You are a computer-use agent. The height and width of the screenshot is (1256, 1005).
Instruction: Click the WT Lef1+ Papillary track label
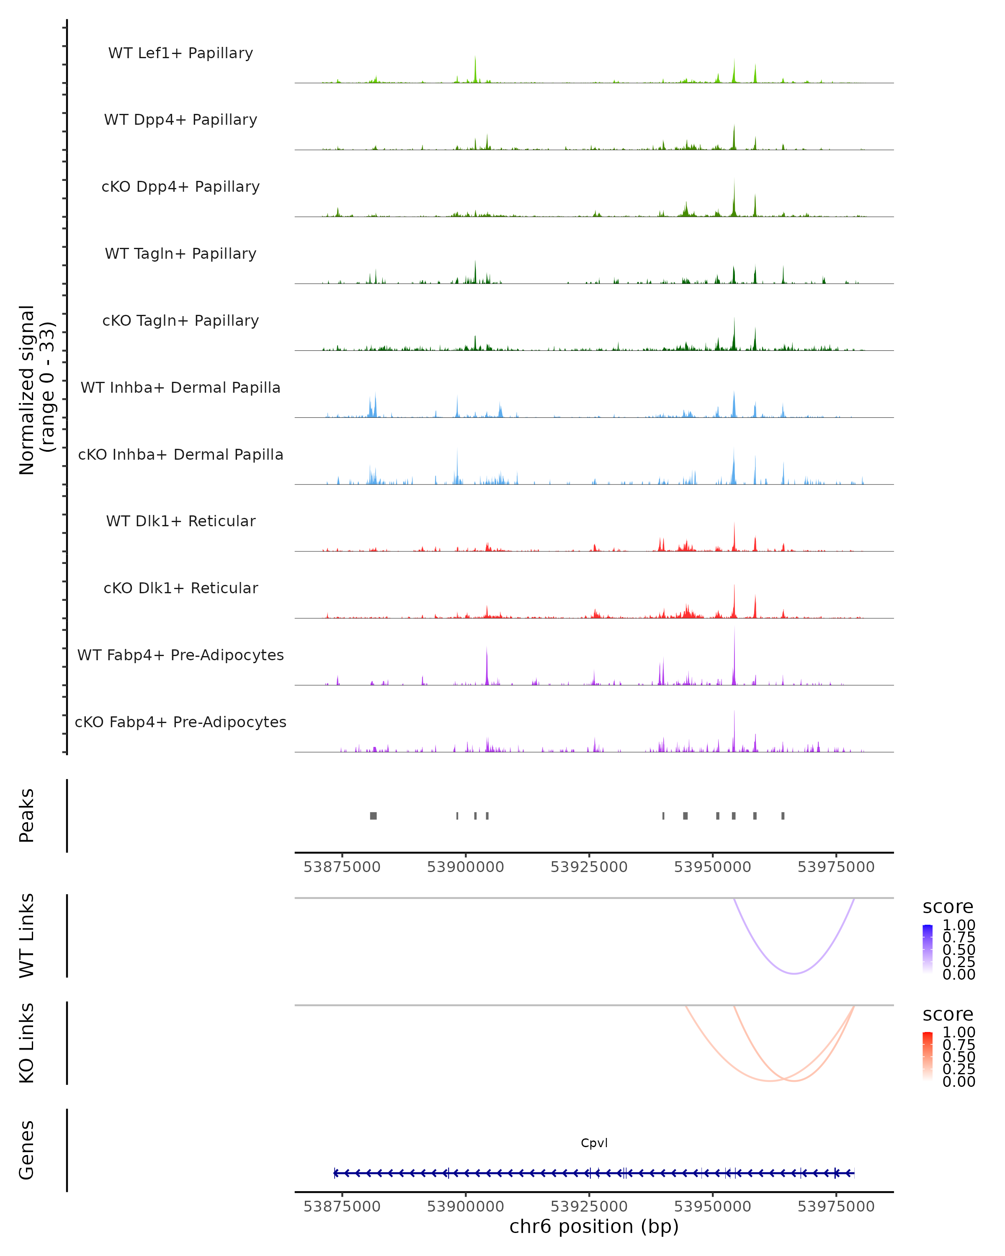pyautogui.click(x=180, y=53)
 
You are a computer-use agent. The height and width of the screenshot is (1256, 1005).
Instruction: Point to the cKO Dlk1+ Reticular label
pyautogui.click(x=180, y=588)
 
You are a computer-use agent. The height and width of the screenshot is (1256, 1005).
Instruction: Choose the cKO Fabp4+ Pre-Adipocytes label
pyautogui.click(x=180, y=722)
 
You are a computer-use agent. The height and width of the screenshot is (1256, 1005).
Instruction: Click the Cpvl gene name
pyautogui.click(x=594, y=1143)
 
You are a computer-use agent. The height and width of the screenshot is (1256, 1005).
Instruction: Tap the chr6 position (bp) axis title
pyautogui.click(x=594, y=1227)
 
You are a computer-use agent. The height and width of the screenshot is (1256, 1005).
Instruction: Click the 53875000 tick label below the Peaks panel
pyautogui.click(x=342, y=867)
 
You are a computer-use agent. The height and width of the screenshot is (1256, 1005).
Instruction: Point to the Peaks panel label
pyautogui.click(x=27, y=816)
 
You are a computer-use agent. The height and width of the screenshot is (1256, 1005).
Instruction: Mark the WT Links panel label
pyautogui.click(x=27, y=935)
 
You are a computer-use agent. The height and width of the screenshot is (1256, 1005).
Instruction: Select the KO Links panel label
pyautogui.click(x=27, y=1043)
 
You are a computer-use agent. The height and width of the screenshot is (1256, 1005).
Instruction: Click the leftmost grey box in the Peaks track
pyautogui.click(x=374, y=816)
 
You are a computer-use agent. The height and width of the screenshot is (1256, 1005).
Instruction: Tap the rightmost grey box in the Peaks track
pyautogui.click(x=783, y=816)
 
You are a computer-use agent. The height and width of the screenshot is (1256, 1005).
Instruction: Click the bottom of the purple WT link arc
pyautogui.click(x=794, y=973)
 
